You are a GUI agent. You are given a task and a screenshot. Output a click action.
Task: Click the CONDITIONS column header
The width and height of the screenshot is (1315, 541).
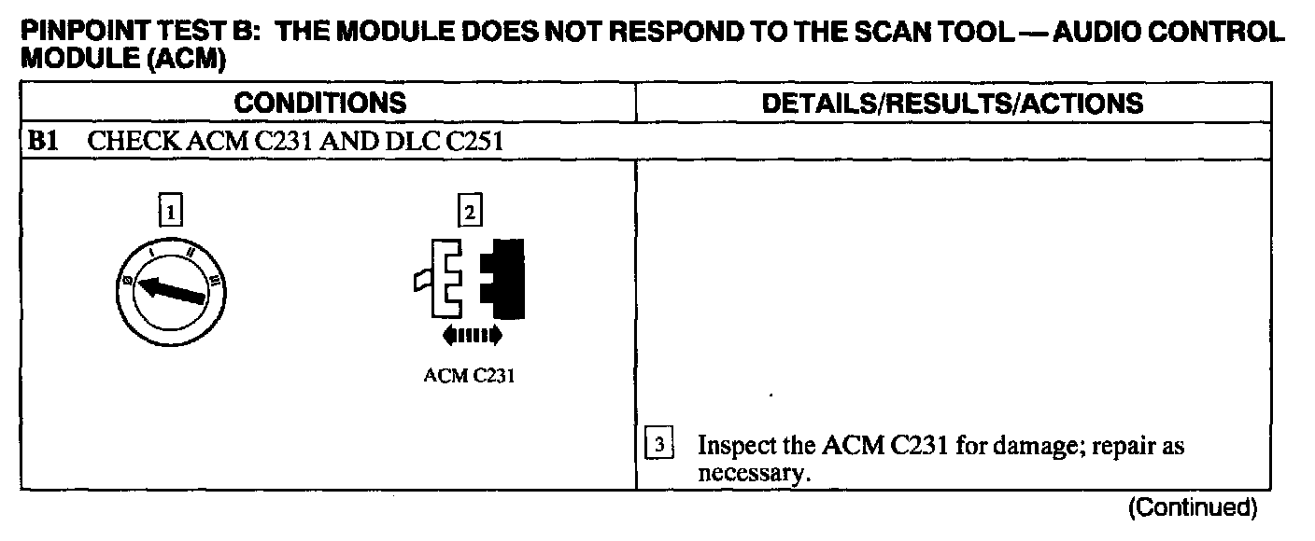pyautogui.click(x=319, y=103)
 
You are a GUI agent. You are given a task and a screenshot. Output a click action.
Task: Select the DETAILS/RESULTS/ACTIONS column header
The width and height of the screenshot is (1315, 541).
pyautogui.click(x=953, y=103)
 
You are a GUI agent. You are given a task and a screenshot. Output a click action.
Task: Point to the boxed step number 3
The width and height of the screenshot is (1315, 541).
pyautogui.click(x=658, y=447)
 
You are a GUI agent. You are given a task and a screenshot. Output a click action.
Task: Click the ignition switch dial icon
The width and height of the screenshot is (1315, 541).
pyautogui.click(x=177, y=294)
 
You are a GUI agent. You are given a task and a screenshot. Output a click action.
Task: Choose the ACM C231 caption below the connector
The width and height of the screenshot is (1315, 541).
pyautogui.click(x=469, y=379)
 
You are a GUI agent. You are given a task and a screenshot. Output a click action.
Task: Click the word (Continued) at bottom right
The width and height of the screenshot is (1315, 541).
pyautogui.click(x=1193, y=508)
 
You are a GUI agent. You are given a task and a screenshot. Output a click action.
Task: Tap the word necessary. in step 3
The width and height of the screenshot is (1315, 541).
pyautogui.click(x=751, y=474)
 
